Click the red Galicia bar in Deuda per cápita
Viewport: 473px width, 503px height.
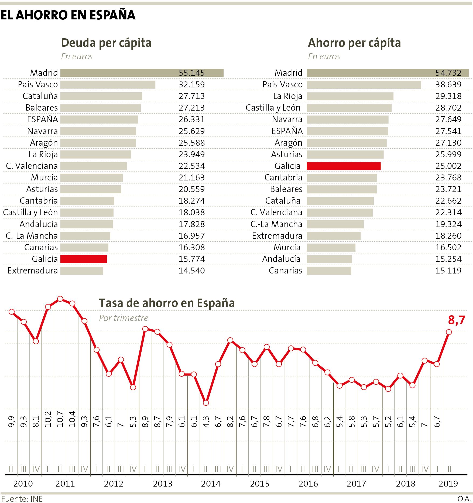click(x=84, y=259)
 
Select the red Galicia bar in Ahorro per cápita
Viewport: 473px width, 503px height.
click(x=344, y=166)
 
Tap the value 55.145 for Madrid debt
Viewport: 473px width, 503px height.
click(x=192, y=73)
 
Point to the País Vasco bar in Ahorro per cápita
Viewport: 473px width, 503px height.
click(x=364, y=85)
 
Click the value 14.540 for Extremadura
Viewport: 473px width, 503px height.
click(x=192, y=271)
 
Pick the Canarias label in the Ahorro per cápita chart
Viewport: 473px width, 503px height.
click(x=286, y=271)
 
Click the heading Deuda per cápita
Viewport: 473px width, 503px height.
click(x=106, y=43)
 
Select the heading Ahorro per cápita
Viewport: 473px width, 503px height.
click(x=354, y=43)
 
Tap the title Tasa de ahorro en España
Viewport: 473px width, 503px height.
click(x=167, y=303)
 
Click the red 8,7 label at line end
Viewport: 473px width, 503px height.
click(x=456, y=320)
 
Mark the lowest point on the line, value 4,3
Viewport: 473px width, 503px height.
click(x=206, y=403)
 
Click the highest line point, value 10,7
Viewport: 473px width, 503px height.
click(x=60, y=299)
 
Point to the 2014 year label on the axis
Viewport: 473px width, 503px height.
click(x=211, y=484)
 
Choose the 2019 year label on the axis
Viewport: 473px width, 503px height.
click(x=448, y=484)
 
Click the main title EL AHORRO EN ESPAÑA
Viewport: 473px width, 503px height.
click(x=68, y=15)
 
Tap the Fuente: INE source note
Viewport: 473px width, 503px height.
click(x=22, y=499)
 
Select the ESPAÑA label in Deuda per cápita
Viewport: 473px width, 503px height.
click(x=42, y=119)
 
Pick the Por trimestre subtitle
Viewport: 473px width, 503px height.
click(x=124, y=318)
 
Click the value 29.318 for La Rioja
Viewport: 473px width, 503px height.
click(x=448, y=96)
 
